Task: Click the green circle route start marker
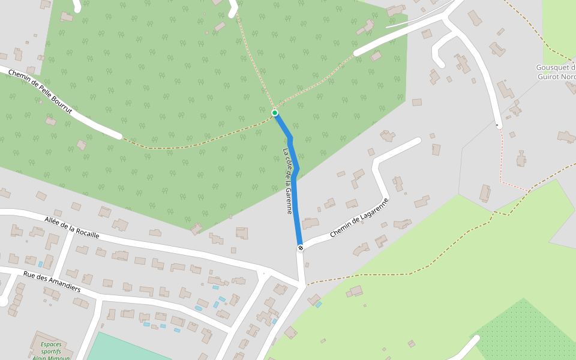[x=275, y=113]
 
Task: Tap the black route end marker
[x=300, y=247]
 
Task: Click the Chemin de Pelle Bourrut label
[x=40, y=92]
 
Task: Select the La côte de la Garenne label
[x=289, y=181]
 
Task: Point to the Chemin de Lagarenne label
[x=359, y=217]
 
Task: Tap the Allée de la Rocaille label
[x=71, y=227]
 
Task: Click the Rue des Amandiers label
[x=52, y=281]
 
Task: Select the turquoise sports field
[x=126, y=348]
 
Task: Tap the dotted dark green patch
[x=528, y=330]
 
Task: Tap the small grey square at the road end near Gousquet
[x=497, y=125]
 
